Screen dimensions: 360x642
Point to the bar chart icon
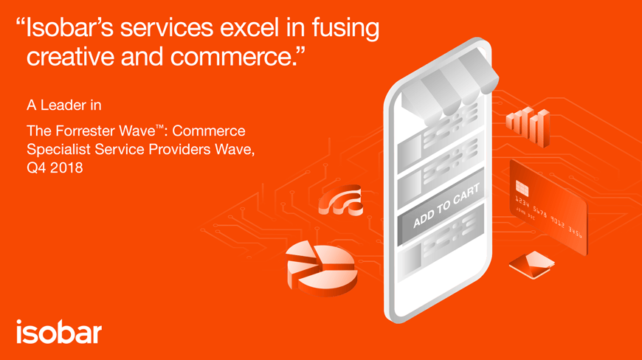(x=528, y=127)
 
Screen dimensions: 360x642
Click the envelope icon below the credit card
(x=531, y=263)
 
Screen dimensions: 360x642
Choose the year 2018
(x=66, y=168)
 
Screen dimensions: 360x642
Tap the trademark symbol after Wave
(x=160, y=127)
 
